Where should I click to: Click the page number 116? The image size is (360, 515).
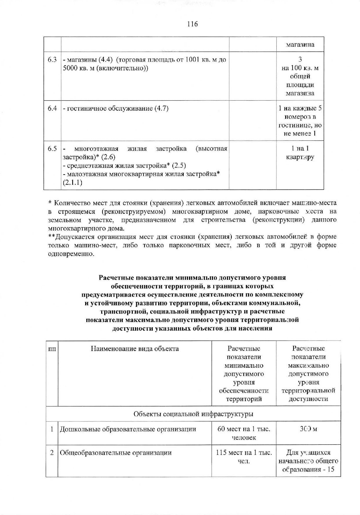(x=192, y=24)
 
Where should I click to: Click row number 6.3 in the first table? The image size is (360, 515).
(x=52, y=60)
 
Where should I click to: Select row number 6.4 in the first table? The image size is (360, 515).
(x=52, y=109)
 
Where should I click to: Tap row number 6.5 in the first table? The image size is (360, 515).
(x=52, y=149)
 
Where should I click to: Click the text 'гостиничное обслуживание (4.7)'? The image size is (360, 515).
(x=116, y=109)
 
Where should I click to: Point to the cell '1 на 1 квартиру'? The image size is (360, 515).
(x=300, y=153)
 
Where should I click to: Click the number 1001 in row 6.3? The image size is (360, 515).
(x=191, y=60)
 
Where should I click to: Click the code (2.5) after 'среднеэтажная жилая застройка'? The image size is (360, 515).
(x=179, y=166)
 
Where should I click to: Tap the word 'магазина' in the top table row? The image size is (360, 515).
(x=300, y=45)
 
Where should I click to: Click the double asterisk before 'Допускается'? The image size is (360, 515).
(x=52, y=237)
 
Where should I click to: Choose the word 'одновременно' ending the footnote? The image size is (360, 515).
(x=71, y=254)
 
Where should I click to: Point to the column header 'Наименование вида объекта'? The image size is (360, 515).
(x=135, y=349)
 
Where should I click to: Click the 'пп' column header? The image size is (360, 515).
(x=52, y=349)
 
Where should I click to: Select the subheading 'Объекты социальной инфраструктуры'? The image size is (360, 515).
(x=193, y=414)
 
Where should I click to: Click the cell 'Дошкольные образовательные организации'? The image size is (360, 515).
(x=128, y=429)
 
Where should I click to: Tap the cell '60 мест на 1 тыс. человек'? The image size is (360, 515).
(x=244, y=433)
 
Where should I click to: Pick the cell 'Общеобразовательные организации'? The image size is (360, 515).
(x=116, y=453)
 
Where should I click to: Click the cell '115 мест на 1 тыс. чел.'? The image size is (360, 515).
(x=244, y=457)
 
